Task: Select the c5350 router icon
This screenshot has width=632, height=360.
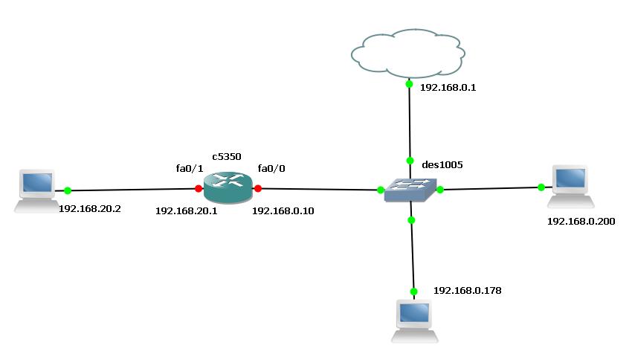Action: (228, 188)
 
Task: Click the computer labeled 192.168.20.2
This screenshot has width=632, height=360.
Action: (36, 191)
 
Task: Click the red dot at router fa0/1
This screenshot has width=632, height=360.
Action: (198, 189)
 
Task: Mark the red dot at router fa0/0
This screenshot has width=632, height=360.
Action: (257, 189)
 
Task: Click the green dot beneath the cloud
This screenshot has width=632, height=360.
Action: (409, 84)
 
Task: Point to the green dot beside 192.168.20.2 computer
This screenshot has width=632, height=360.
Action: (67, 190)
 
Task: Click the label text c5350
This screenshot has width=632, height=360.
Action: (226, 156)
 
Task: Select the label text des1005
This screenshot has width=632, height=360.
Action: (442, 164)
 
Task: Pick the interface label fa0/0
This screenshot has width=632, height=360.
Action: (271, 169)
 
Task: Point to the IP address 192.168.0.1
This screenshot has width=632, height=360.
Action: (448, 87)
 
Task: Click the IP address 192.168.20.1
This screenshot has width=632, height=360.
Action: (186, 210)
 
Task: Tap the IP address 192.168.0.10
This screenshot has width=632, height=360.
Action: (283, 210)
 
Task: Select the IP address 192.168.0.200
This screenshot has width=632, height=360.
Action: (581, 221)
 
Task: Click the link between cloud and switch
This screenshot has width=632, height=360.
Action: (409, 123)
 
